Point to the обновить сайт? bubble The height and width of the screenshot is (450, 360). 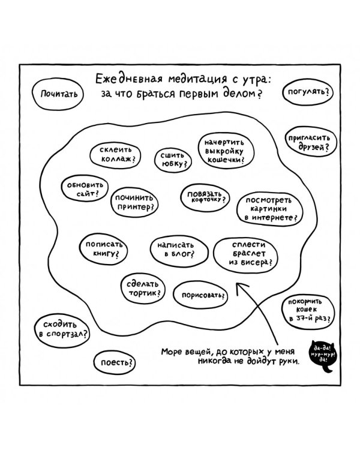click(82, 189)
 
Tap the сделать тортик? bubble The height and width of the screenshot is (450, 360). click(142, 288)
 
